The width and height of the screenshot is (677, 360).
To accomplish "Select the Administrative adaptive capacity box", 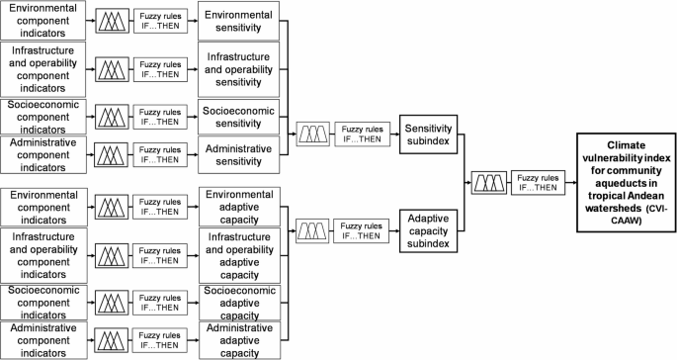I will tap(238, 338).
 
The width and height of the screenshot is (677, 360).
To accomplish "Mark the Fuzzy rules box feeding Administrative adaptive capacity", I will tap(158, 339).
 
